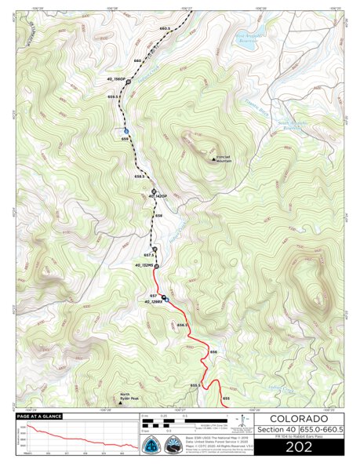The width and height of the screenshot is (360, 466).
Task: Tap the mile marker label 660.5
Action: click(x=164, y=28)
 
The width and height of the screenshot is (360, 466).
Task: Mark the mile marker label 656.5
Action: click(x=182, y=324)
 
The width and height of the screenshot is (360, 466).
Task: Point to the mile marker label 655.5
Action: click(x=195, y=385)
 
